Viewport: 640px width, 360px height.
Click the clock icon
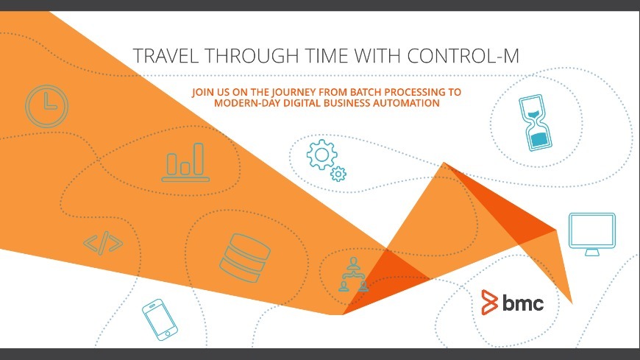coord(46,104)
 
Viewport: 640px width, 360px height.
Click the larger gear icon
coord(321,155)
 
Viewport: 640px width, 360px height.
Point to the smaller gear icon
coord(338,174)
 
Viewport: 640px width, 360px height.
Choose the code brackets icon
coord(103,244)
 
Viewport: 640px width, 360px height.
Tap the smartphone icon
coord(160,319)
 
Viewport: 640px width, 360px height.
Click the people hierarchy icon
coord(352,275)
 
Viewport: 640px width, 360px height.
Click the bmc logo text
coord(524,302)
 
